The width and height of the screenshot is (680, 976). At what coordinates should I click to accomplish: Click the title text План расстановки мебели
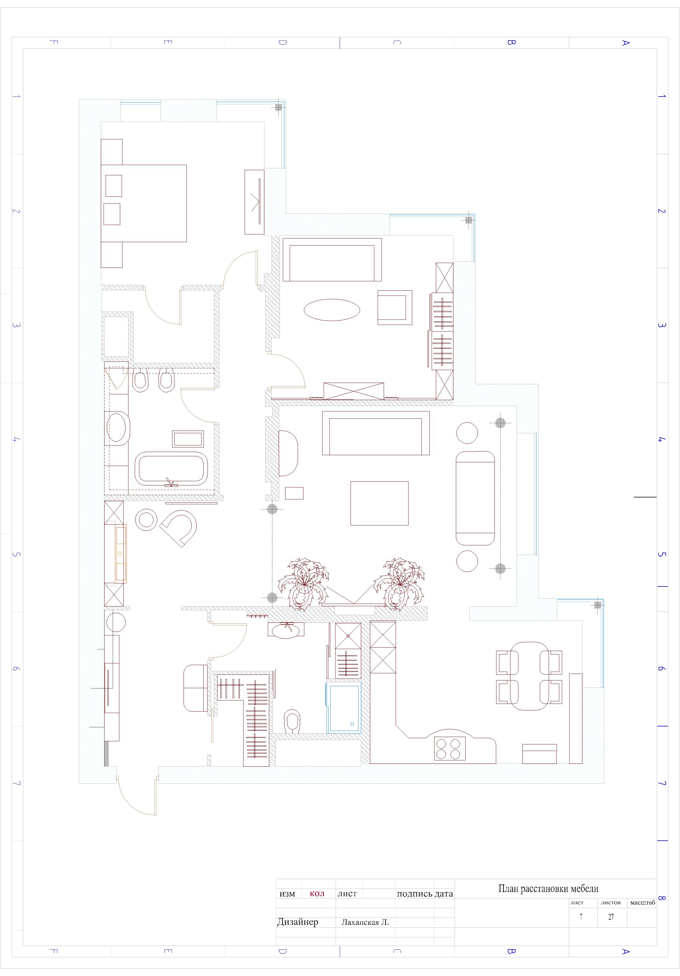tap(548, 888)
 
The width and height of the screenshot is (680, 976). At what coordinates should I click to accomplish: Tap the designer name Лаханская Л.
tap(365, 922)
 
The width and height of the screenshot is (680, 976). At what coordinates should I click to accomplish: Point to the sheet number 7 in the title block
tap(581, 917)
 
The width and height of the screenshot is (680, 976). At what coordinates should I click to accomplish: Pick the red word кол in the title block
tap(317, 893)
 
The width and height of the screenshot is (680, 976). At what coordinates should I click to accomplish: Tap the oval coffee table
tap(331, 310)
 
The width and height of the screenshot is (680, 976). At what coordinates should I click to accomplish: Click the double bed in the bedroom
tap(144, 203)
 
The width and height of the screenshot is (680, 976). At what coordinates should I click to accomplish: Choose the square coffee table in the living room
tap(379, 503)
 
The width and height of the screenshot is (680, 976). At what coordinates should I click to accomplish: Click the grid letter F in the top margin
tap(54, 43)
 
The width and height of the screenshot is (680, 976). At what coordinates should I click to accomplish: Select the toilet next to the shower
tap(292, 721)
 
